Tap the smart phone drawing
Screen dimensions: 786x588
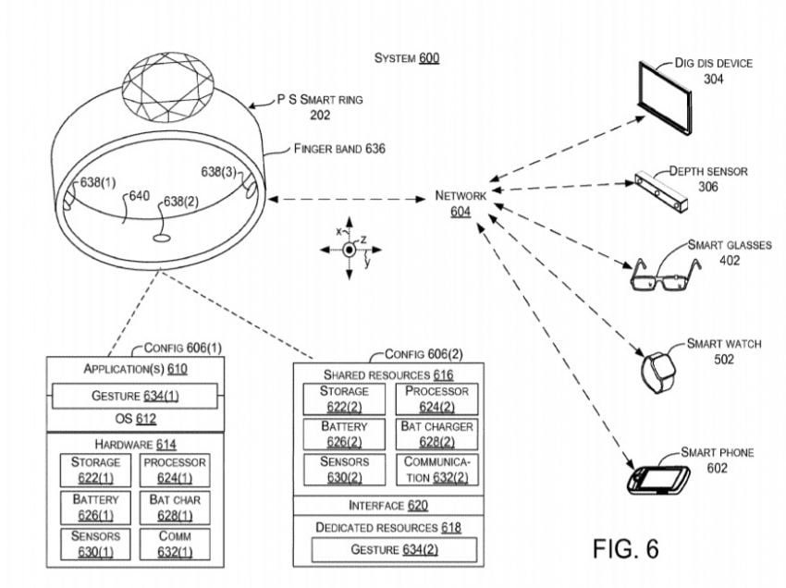(x=658, y=480)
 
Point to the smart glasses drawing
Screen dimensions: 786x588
(x=664, y=275)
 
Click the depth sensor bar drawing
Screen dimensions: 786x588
(x=661, y=192)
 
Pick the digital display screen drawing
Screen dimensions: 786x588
(x=665, y=97)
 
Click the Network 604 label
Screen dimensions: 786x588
(x=461, y=203)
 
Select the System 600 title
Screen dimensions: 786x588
(x=407, y=58)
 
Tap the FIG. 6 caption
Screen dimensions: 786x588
(x=625, y=548)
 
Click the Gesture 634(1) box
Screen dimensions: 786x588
(x=135, y=396)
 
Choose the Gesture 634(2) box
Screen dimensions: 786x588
(x=394, y=550)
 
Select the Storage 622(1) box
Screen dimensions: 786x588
(x=95, y=471)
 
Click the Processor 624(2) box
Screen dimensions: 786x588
(x=436, y=399)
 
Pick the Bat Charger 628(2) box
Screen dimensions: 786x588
(x=436, y=435)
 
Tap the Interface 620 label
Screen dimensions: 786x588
(x=388, y=506)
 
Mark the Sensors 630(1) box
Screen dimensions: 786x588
(x=95, y=544)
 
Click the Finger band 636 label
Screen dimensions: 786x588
(x=339, y=149)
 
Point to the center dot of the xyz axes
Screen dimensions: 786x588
(x=349, y=250)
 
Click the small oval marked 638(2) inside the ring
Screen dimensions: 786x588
(x=163, y=239)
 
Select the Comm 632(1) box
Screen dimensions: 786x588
(x=175, y=544)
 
